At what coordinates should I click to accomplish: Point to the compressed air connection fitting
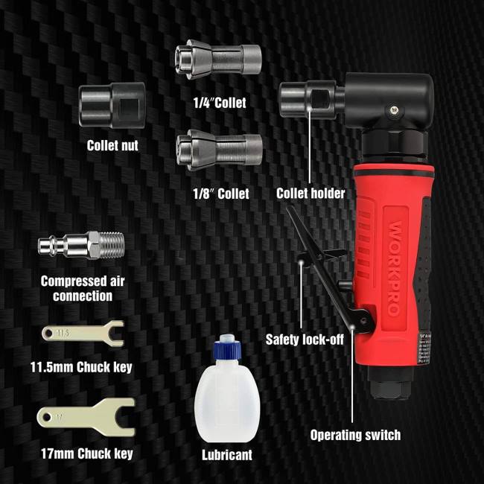click(x=80, y=246)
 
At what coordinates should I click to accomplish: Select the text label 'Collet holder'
click(x=311, y=194)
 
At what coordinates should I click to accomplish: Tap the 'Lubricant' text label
click(x=227, y=453)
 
